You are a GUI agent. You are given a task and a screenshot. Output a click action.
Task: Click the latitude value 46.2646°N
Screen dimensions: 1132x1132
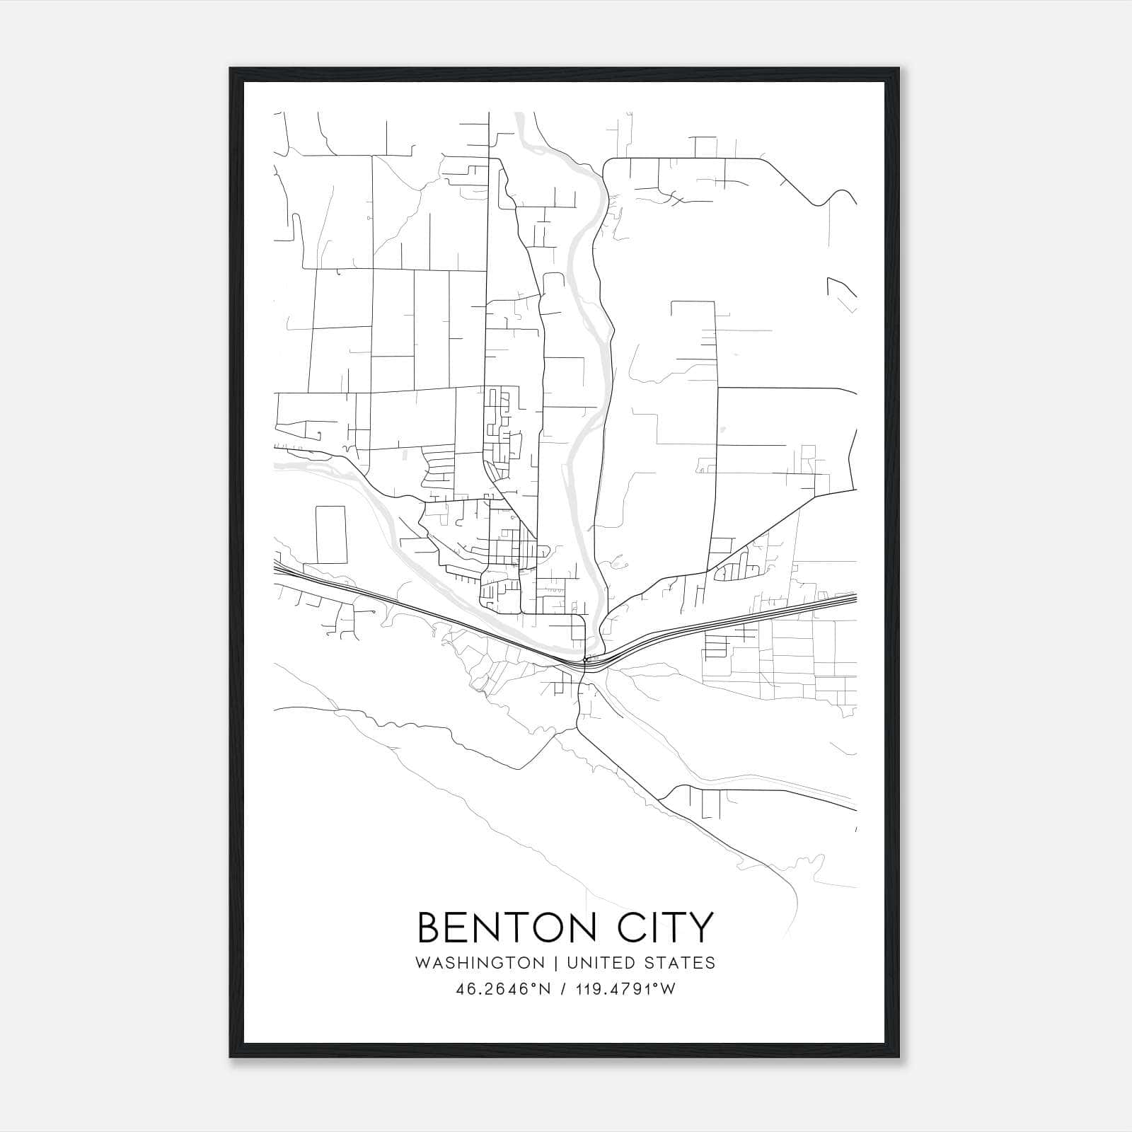pos(504,989)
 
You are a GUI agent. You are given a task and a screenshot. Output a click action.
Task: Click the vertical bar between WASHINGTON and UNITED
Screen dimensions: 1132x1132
pos(555,963)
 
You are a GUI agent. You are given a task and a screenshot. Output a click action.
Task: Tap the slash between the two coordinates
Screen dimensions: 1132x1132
pos(562,989)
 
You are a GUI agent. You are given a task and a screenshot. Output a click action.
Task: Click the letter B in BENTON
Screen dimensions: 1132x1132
pos(429,928)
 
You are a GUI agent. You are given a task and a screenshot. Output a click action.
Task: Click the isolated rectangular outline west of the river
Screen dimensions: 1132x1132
pos(331,534)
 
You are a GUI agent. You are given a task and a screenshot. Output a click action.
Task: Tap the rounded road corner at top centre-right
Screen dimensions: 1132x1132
pos(607,165)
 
